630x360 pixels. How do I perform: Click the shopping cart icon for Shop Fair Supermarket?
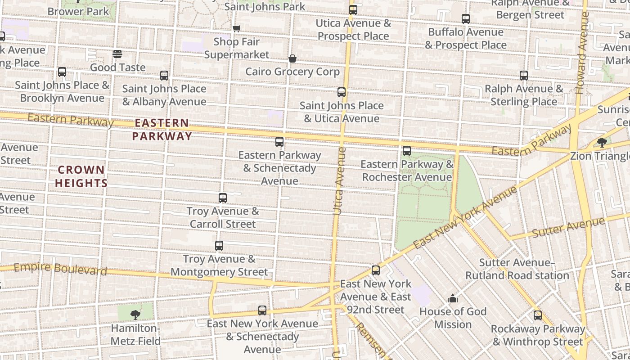[x=237, y=28]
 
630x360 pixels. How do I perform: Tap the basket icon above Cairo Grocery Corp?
[x=292, y=58]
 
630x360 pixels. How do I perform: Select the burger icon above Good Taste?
[x=117, y=54]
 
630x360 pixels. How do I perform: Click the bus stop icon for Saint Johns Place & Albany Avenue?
[x=164, y=75]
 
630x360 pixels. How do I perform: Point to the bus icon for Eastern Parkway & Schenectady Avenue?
[x=279, y=142]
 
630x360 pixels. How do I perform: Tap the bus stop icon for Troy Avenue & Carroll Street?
[x=223, y=198]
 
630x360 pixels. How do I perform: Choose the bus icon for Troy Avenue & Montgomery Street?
[x=219, y=246]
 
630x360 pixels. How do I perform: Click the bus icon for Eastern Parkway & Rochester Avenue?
[x=407, y=151]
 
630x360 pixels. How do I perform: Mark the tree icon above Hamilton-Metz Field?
[x=135, y=315]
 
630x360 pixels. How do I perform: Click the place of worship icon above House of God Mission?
[x=453, y=298]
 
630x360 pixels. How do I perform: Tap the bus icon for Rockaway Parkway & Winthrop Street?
[x=538, y=315]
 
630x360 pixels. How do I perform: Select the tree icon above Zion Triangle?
[x=602, y=143]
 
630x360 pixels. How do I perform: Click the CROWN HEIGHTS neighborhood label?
[x=81, y=176]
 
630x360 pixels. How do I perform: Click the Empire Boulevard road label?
[x=60, y=269]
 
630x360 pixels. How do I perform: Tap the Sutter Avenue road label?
[x=568, y=228]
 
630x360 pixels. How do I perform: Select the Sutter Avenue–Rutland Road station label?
[x=517, y=269]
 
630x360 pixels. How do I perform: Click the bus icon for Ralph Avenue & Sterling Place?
[x=524, y=75]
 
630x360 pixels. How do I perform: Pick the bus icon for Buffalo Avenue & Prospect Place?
[x=466, y=19]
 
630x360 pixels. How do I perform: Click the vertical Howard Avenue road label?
[x=582, y=53]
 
